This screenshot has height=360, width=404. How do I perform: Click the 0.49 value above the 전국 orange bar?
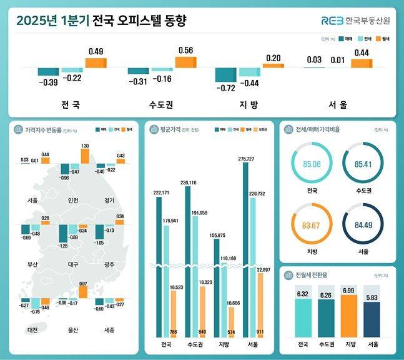(x=96, y=51)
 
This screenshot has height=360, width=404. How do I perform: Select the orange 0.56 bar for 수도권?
(x=185, y=62)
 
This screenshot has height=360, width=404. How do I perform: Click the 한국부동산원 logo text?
(x=368, y=21)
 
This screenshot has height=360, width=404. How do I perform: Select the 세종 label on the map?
(x=107, y=329)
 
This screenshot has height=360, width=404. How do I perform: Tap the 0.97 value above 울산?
(x=83, y=284)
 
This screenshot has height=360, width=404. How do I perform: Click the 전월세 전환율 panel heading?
(x=308, y=276)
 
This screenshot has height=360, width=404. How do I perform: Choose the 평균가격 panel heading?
(x=172, y=129)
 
